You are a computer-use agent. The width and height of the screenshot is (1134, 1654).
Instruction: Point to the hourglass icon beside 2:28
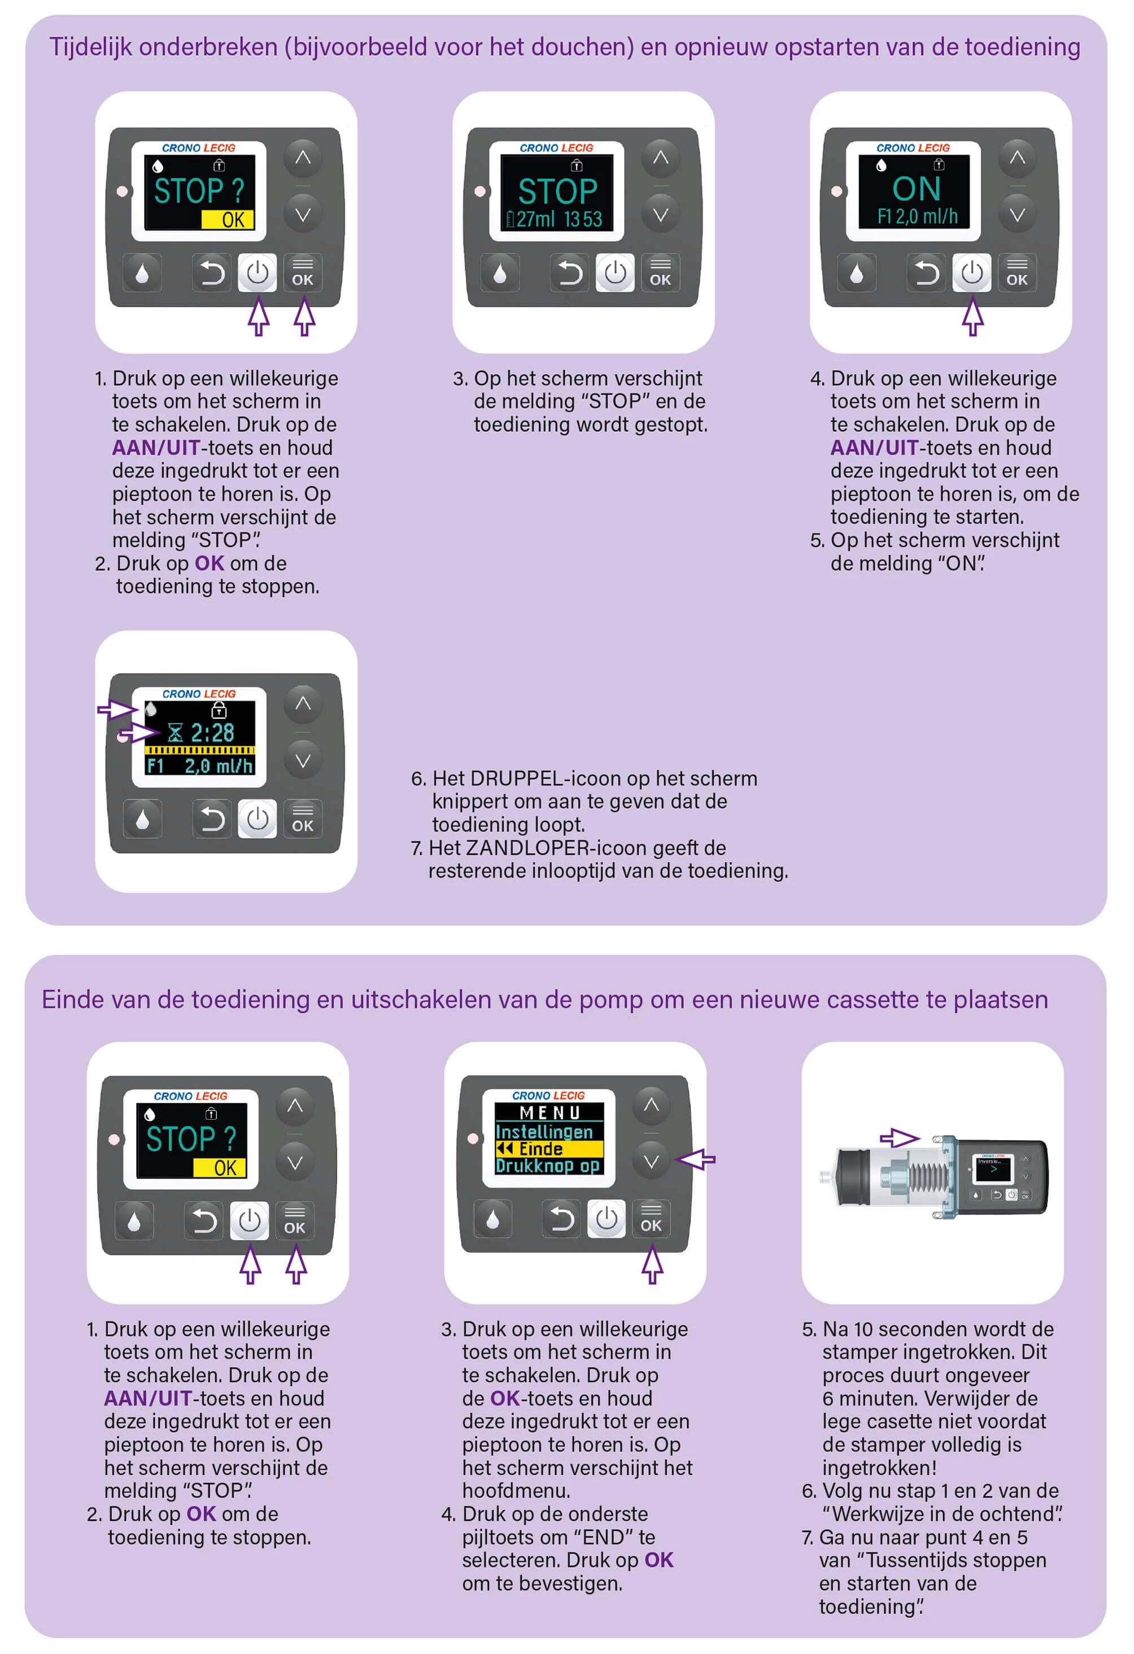[x=175, y=732]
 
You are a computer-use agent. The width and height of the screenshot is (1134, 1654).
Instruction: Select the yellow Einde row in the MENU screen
[x=548, y=1148]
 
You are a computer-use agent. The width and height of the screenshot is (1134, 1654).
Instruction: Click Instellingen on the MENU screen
[x=544, y=1131]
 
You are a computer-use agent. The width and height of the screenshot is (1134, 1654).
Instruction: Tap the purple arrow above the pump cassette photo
[x=899, y=1137]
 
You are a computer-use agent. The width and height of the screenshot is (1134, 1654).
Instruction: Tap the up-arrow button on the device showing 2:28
[x=303, y=704]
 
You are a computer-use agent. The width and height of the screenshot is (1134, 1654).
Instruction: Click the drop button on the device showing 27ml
[x=500, y=273]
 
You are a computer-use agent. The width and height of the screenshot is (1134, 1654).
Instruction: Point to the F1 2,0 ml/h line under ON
[x=917, y=216]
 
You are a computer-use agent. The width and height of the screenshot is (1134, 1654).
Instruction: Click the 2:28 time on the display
[x=212, y=732]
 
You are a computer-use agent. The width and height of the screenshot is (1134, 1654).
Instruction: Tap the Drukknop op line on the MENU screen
[x=547, y=1166]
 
